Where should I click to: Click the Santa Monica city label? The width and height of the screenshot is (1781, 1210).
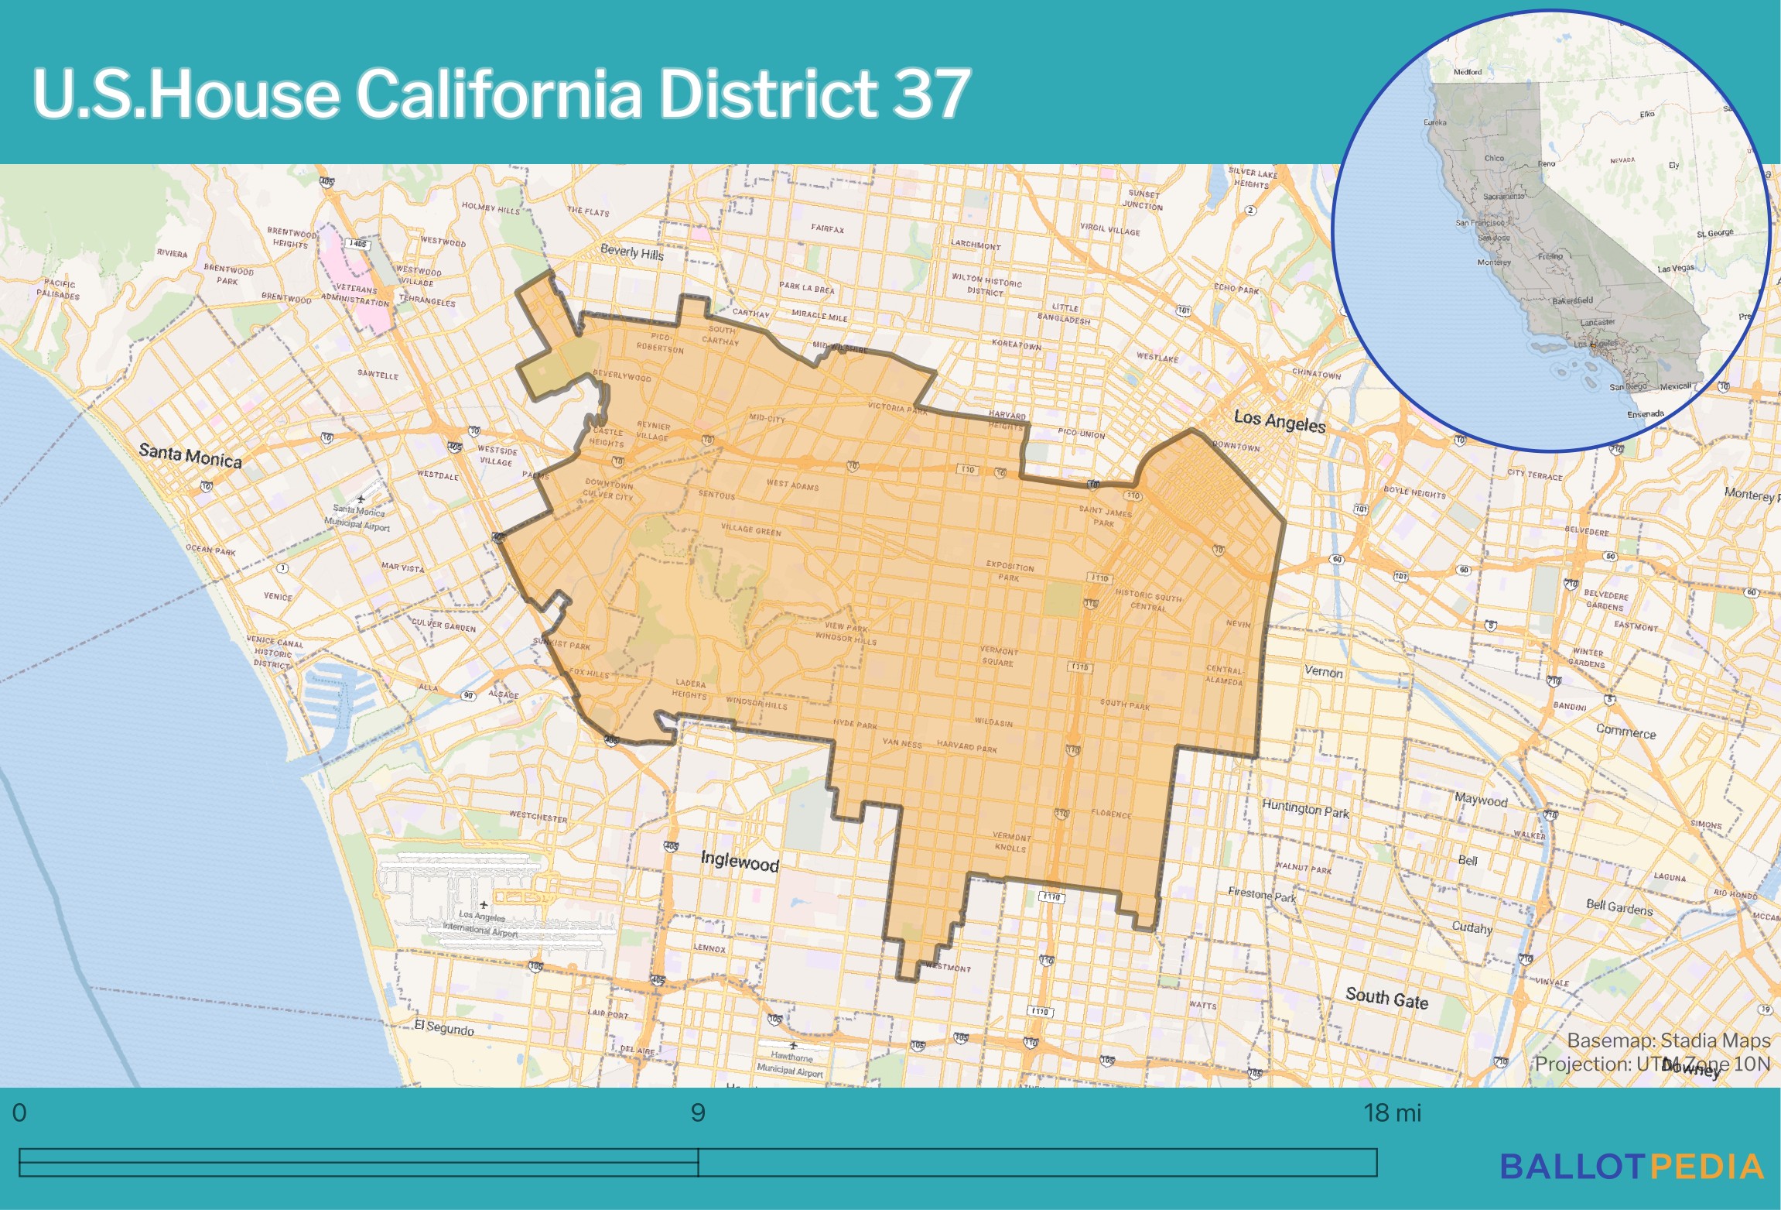point(190,455)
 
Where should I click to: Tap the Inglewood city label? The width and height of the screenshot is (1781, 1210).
point(739,861)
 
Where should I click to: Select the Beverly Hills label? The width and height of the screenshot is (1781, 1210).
point(631,252)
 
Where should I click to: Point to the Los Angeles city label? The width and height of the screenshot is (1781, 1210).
point(1279,421)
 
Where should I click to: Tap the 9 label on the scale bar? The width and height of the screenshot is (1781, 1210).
point(697,1113)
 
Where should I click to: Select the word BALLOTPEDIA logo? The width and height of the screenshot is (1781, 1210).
point(1631,1167)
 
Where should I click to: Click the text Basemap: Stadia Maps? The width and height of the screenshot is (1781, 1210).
point(1668,1040)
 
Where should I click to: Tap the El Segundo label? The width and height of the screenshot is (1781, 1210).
point(443,1028)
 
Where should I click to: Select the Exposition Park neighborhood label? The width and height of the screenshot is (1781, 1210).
point(1009,571)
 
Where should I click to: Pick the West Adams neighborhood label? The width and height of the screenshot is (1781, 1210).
point(791,485)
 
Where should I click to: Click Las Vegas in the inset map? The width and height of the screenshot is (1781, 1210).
point(1675,269)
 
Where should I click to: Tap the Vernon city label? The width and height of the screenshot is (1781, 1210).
point(1323,671)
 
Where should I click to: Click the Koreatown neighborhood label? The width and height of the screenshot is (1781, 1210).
point(1016,344)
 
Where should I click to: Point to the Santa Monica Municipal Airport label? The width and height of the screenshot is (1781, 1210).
point(357,516)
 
